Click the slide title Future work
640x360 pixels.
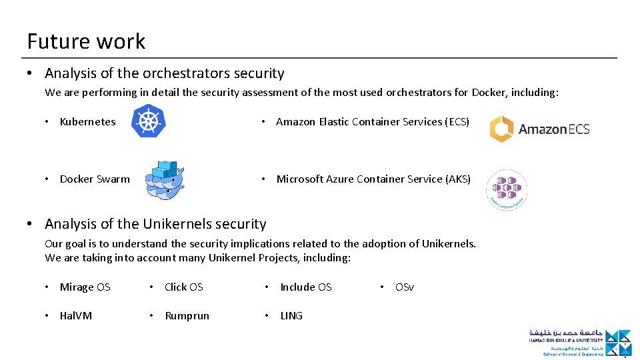pos(86,41)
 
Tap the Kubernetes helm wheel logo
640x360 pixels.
pos(148,121)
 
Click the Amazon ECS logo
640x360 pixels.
pos(540,129)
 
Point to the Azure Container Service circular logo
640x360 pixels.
pos(506,190)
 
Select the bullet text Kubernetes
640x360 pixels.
pos(87,122)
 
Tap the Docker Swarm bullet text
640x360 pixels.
pos(95,179)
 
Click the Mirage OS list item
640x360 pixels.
pos(85,287)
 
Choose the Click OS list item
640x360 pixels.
pos(183,287)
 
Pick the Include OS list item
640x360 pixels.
pos(305,287)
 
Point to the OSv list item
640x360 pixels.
pos(404,287)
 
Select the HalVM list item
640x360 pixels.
pos(76,316)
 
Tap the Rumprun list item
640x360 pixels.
pos(187,316)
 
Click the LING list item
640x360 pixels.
pos(291,316)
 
